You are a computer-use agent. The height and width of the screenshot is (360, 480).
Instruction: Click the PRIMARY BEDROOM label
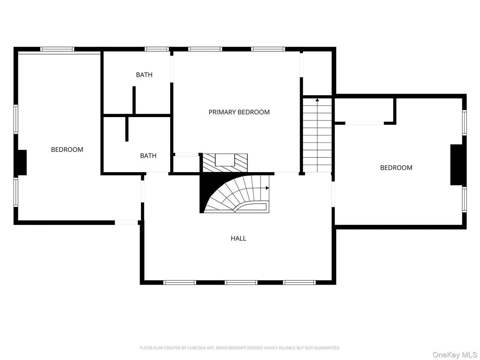click(x=239, y=112)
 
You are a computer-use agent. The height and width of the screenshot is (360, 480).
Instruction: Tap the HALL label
click(x=238, y=238)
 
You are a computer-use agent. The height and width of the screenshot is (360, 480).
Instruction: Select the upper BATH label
click(x=144, y=75)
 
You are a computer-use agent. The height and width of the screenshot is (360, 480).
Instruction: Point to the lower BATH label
click(x=148, y=156)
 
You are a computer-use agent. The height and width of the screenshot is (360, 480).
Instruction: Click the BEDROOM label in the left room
click(x=67, y=150)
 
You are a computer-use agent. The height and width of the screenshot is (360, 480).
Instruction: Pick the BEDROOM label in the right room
click(x=396, y=168)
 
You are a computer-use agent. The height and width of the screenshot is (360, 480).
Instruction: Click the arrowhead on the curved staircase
click(x=267, y=188)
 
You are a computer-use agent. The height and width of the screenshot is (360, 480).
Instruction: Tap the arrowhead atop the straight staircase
click(x=317, y=100)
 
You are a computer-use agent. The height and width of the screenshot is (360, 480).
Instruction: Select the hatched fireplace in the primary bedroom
click(x=225, y=163)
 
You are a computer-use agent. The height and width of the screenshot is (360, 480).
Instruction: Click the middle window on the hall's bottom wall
click(x=241, y=283)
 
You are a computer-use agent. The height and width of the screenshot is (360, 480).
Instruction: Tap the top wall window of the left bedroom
click(x=57, y=49)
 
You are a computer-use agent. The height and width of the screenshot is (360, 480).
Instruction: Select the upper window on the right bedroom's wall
click(x=464, y=123)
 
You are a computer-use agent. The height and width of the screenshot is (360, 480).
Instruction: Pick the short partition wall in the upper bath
click(x=134, y=100)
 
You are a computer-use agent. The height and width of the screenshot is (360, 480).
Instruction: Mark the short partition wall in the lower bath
click(x=127, y=129)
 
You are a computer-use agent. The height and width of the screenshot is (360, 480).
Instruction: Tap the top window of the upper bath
click(x=157, y=49)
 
